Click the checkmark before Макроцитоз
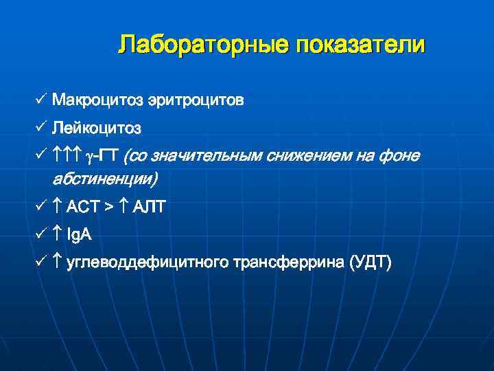coord(41,100)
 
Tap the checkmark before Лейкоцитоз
coord(41,128)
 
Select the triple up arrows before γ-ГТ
coord(68,157)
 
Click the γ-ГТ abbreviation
coord(105,157)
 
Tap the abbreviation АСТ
coord(84,207)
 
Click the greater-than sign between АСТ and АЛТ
coord(110,207)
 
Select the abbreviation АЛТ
coord(149,207)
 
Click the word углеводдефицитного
coord(148,263)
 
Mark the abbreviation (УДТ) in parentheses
coord(371,263)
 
